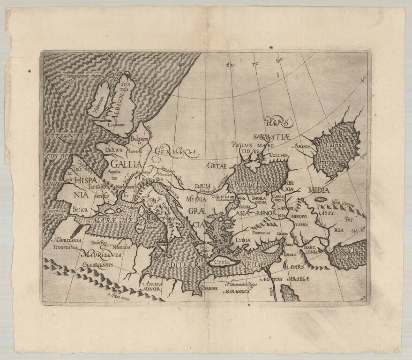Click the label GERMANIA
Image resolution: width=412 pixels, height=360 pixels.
(176, 152)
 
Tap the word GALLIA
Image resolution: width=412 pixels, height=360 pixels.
(126, 164)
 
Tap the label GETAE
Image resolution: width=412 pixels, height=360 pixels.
(217, 165)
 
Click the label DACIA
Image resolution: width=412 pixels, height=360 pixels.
(202, 186)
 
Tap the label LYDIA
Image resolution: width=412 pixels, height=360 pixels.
(243, 240)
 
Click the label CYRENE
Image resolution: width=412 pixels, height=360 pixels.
(209, 286)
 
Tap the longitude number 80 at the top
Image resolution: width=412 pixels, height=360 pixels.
(279, 60)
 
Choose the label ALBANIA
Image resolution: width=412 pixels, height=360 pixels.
(303, 147)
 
